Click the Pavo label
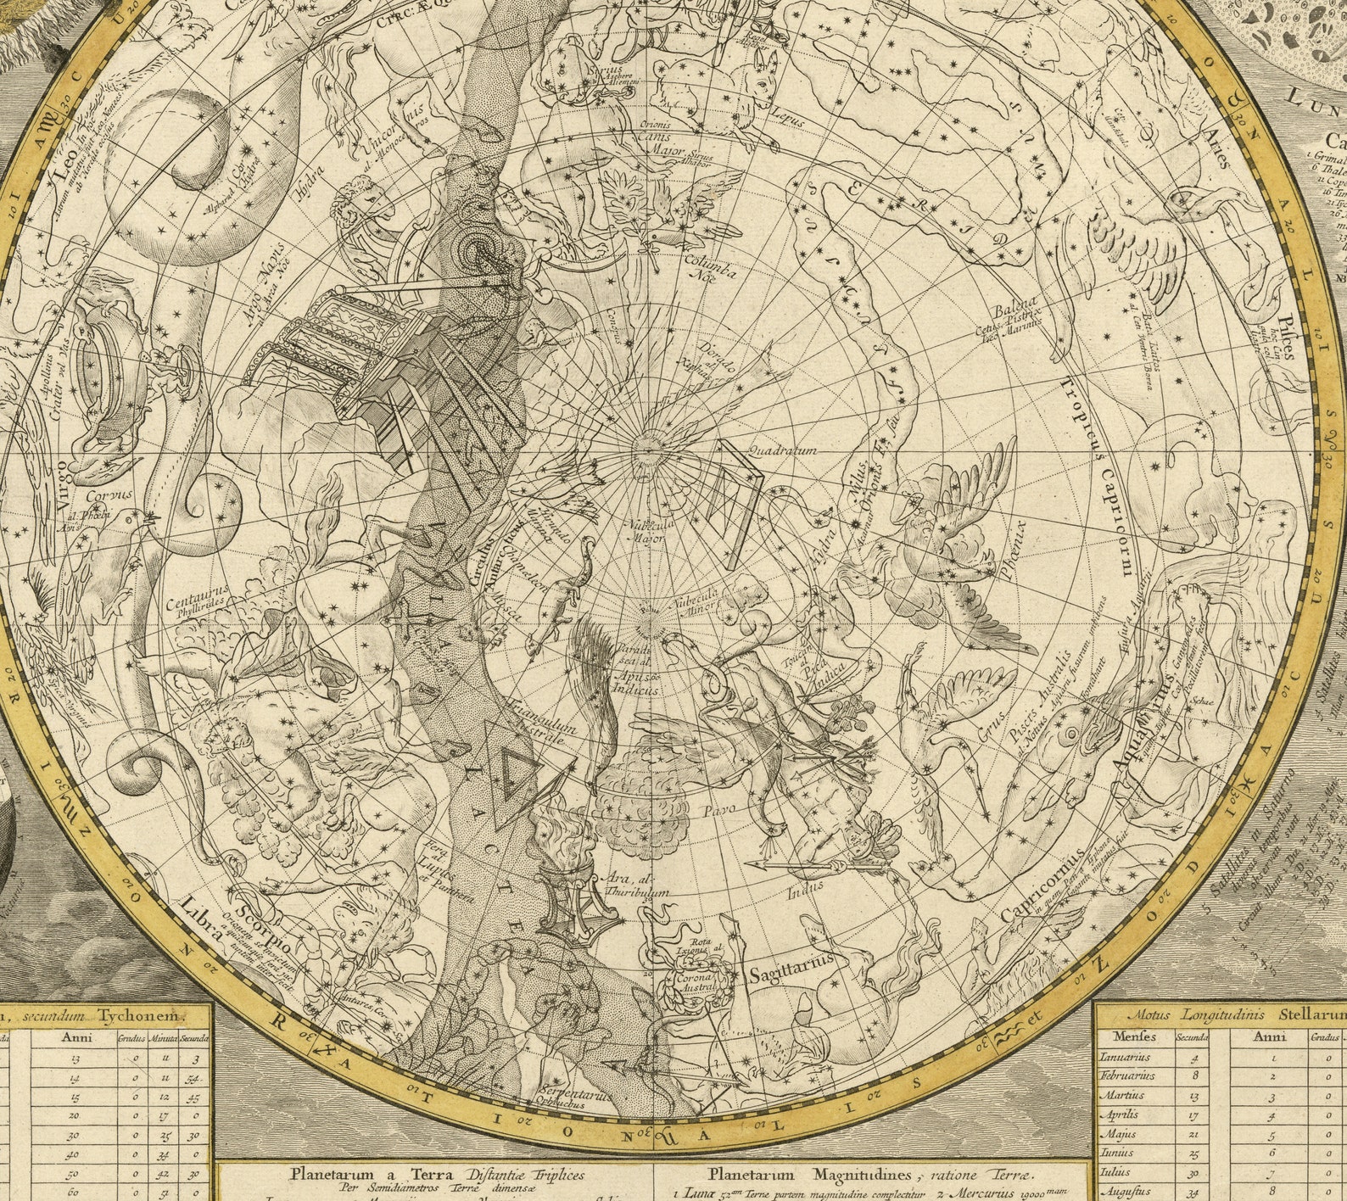point(719,809)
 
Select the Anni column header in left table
point(75,1036)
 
